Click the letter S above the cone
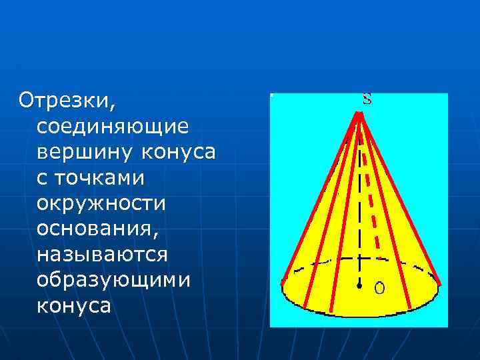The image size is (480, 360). [x=367, y=99]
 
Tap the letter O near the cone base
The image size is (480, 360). [x=379, y=288]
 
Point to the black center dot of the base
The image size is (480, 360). [x=359, y=287]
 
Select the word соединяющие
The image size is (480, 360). [x=113, y=126]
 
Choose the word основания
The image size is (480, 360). [x=97, y=229]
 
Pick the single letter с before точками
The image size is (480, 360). [x=43, y=178]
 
